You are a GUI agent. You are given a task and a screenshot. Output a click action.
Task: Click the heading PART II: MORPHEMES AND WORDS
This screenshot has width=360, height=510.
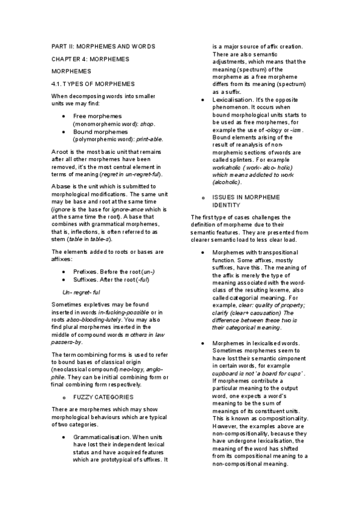coord(103,46)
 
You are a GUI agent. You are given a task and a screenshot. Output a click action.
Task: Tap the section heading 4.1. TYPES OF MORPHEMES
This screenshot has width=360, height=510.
coord(93,83)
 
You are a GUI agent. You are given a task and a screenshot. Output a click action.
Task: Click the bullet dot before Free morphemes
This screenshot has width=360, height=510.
coord(64,115)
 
